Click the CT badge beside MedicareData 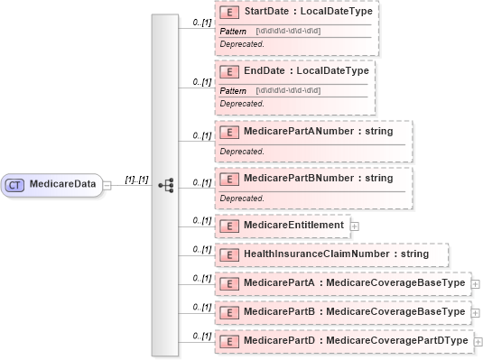coord(15,184)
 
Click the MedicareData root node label coord(62,184)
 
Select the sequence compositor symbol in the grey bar coord(165,184)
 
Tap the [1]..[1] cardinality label coord(136,180)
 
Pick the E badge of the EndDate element coord(230,70)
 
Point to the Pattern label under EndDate coord(234,89)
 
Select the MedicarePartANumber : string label coord(318,132)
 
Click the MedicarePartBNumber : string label coord(318,178)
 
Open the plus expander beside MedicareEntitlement coord(355,226)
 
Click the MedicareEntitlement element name coord(293,225)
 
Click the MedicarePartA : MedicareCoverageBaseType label coord(354,283)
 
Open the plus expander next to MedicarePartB coord(476,312)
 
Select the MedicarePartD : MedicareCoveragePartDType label coord(356,340)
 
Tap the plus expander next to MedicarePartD coord(478,341)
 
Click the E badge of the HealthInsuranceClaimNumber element coord(230,254)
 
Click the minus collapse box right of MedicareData coord(107,184)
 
